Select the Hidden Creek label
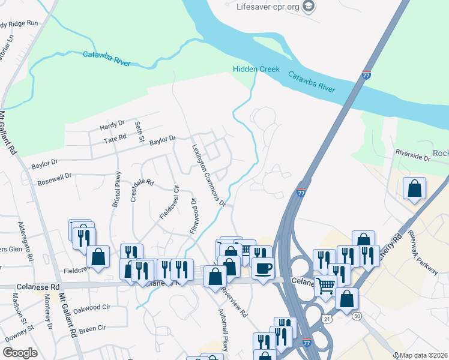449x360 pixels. pyautogui.click(x=256, y=70)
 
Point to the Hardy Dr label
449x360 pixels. pyautogui.click(x=112, y=125)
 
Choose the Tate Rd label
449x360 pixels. pyautogui.click(x=115, y=138)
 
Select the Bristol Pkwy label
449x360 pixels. pyautogui.click(x=116, y=190)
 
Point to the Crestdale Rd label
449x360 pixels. pyautogui.click(x=143, y=190)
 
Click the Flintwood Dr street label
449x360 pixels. pyautogui.click(x=193, y=217)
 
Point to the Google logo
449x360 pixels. pyautogui.click(x=20, y=353)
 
